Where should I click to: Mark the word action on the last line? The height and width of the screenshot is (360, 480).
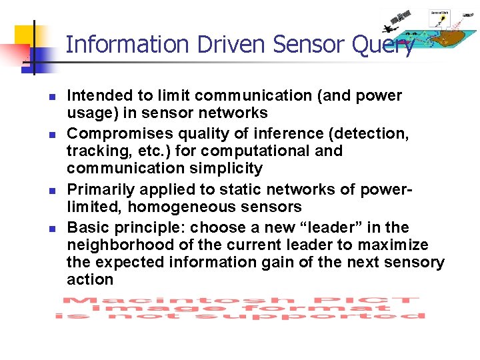point(90,280)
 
